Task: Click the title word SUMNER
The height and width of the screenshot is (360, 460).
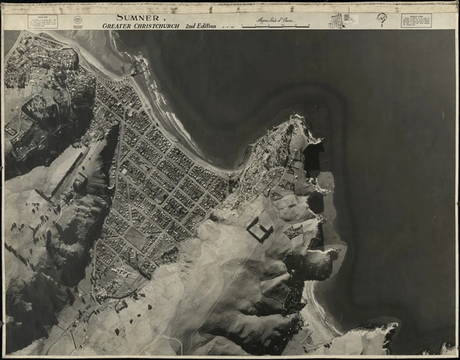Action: click(x=138, y=18)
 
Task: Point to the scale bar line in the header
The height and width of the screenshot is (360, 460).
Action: click(x=276, y=27)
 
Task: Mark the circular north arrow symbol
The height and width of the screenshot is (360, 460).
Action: click(x=381, y=19)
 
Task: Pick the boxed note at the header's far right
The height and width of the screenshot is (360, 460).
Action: click(x=416, y=21)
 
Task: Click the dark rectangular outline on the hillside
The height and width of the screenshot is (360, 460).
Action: click(x=258, y=228)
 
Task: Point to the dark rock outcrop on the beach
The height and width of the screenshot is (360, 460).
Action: click(x=135, y=70)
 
